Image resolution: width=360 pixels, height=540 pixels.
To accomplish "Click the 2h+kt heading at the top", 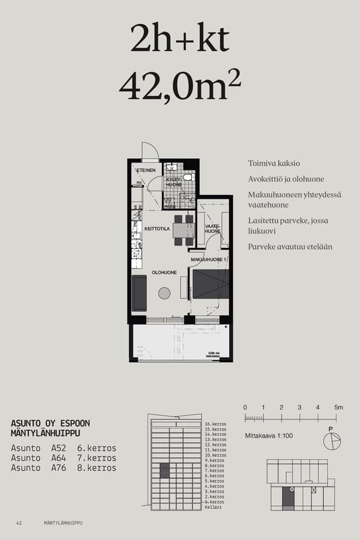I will (180, 40).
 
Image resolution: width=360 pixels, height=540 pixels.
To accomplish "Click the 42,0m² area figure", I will (180, 86).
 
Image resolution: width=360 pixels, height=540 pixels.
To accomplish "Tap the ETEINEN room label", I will (146, 170).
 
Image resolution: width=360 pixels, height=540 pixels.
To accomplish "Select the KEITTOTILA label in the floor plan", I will (157, 229).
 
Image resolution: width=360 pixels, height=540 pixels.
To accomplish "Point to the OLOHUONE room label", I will (164, 272).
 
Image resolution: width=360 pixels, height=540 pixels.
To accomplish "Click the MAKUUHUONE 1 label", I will (208, 259).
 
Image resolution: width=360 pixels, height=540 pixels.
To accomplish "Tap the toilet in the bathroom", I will (188, 177).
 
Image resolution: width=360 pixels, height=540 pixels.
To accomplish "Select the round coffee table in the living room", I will (164, 293).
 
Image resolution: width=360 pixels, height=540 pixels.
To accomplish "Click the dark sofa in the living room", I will (139, 293).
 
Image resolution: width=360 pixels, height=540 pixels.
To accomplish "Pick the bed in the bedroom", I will (210, 284).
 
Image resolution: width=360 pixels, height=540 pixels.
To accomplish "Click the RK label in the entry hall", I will (139, 182).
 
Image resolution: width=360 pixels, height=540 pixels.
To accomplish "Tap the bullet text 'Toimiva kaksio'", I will (274, 163).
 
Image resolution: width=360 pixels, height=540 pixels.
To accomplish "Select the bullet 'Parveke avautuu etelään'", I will (290, 247).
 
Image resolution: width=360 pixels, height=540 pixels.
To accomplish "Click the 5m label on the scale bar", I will (338, 407).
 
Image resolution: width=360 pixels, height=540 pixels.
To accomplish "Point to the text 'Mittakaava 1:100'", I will (268, 436).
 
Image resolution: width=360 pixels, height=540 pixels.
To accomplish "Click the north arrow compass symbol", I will (331, 441).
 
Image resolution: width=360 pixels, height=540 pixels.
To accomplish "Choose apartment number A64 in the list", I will (58, 458).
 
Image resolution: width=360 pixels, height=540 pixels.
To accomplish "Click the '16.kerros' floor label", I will (215, 425).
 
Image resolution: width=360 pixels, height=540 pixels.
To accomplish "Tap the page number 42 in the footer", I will (19, 523).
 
